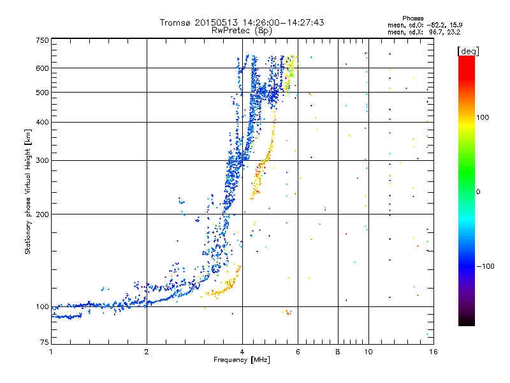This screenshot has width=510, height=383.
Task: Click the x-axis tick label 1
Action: click(x=51, y=352)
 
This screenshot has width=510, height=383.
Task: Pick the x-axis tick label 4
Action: click(x=242, y=352)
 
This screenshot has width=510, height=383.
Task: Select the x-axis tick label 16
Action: click(x=433, y=352)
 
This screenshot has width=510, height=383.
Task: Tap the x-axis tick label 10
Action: click(x=368, y=352)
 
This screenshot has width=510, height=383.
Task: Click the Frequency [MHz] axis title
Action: click(x=242, y=360)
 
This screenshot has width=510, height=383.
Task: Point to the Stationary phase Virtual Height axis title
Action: click(x=28, y=191)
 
